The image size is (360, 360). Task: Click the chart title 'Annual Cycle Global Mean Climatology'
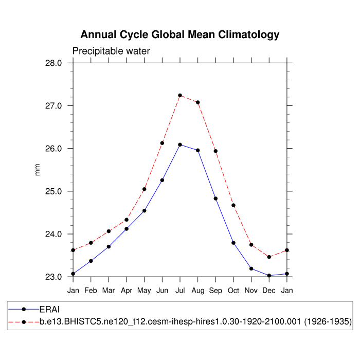180,35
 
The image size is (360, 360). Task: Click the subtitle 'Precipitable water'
111,51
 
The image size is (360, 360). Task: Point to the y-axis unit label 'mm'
37,170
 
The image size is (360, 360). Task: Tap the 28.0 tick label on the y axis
53,63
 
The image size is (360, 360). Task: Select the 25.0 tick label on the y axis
53,191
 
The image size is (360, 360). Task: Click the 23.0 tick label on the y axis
53,277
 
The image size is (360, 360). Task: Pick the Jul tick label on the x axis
180,291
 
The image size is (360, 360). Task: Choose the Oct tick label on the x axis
233,291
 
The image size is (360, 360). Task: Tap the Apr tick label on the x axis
127,291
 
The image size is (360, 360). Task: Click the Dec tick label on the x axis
269,291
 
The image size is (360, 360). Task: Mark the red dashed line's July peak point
180,95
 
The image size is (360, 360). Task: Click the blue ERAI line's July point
180,145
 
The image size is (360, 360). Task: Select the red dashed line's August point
198,102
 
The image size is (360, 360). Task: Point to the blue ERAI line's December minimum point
269,276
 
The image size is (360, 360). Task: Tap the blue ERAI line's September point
215,199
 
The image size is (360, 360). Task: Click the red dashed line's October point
233,205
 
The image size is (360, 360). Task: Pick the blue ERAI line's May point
145,210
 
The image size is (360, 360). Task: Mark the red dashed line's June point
163,143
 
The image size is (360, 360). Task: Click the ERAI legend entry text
50,309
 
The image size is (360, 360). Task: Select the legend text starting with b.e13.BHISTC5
195,321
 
